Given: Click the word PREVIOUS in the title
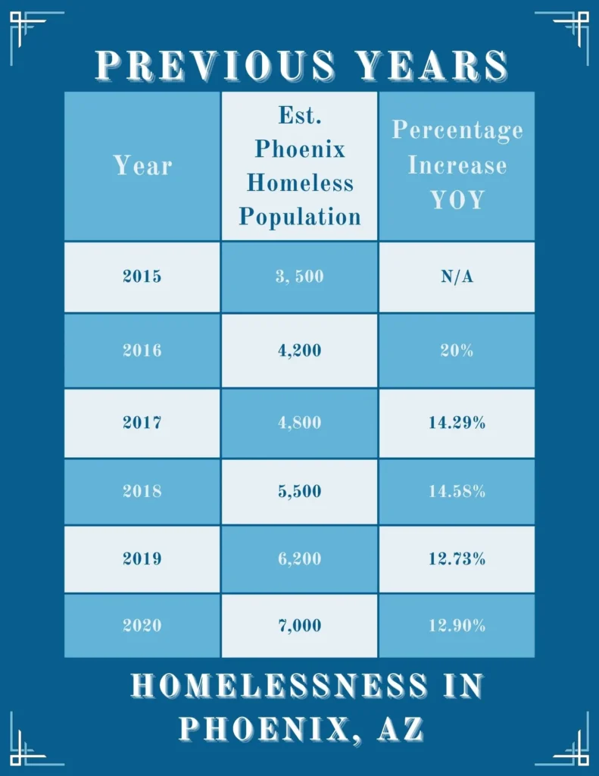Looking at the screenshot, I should [x=217, y=66].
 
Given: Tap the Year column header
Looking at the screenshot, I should [x=142, y=165].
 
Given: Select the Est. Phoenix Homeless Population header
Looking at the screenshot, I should [x=300, y=167].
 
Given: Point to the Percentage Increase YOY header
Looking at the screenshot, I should [x=457, y=165].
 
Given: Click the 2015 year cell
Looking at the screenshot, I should [x=142, y=277].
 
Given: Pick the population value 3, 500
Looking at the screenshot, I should [x=300, y=277].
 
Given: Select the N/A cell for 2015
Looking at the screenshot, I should [x=457, y=277].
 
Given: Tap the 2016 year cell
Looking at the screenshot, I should [x=142, y=350].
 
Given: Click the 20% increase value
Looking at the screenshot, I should [x=457, y=350].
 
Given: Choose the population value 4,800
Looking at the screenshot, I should [x=300, y=423].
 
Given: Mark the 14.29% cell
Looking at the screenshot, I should [x=457, y=423].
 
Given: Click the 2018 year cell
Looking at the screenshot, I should [x=142, y=491].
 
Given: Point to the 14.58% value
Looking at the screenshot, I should [x=457, y=491].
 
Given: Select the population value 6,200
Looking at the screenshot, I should [x=300, y=559].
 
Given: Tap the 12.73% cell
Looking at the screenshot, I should [x=457, y=559].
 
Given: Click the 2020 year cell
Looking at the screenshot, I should [x=142, y=626].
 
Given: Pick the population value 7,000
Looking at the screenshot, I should [x=300, y=626].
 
